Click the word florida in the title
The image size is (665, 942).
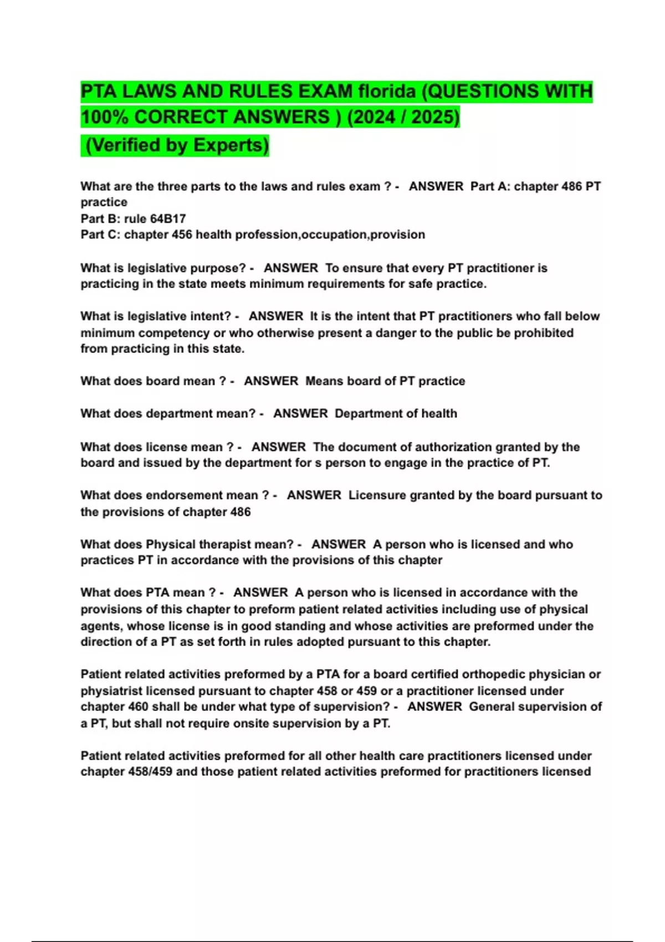click(387, 91)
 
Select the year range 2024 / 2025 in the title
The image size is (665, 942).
click(404, 117)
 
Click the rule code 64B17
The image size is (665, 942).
click(168, 219)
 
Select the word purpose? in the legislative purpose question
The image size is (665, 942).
click(218, 268)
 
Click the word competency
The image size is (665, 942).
click(174, 333)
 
